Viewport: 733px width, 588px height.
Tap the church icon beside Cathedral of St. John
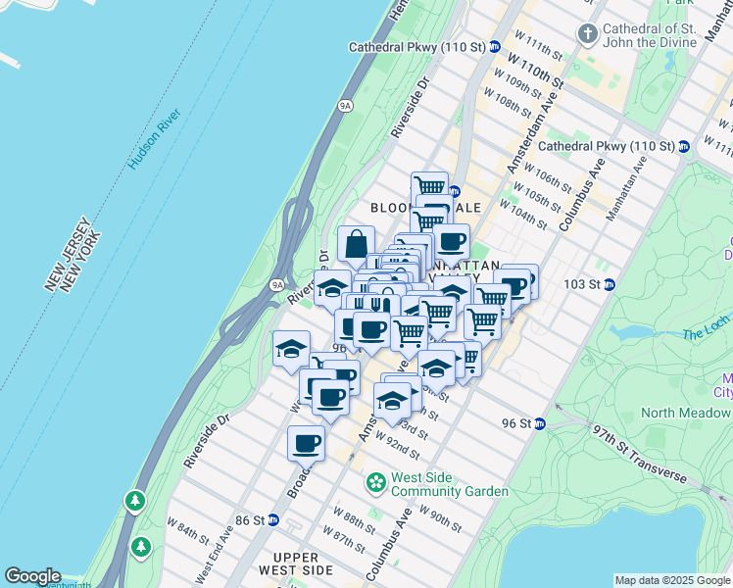pos(588,35)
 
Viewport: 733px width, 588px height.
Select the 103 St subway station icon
pos(609,285)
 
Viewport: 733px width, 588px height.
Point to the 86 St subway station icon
pos(273,520)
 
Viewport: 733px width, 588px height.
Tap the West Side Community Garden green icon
pos(375,483)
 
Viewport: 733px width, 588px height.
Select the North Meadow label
pos(687,413)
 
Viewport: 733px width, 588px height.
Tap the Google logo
pos(32,576)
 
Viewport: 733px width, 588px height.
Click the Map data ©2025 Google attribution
pos(672,580)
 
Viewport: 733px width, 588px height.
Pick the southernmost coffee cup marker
pos(307,444)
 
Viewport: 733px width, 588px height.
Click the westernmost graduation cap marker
pos(291,350)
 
